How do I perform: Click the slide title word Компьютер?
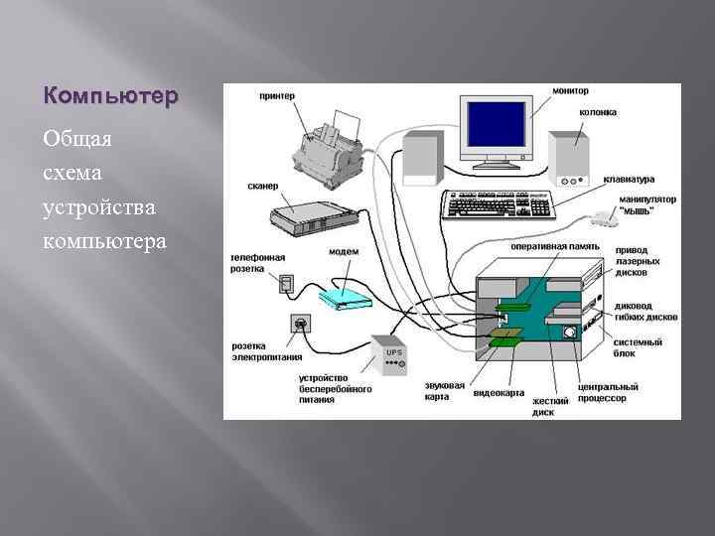(110, 97)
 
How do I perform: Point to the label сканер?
(262, 186)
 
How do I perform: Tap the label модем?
(344, 252)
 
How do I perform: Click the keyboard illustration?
(497, 205)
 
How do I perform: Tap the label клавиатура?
(629, 180)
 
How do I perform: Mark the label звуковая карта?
(444, 390)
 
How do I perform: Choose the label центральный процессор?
(607, 392)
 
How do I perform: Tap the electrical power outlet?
(299, 323)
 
